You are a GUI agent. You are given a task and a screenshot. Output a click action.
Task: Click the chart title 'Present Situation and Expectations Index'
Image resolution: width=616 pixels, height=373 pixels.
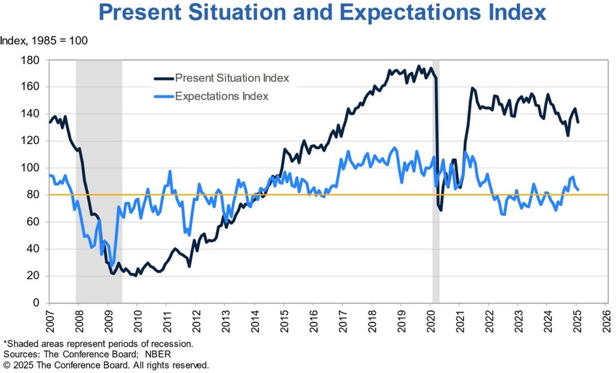tap(322, 13)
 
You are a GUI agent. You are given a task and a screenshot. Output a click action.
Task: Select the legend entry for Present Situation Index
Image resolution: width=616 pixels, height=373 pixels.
tap(231, 78)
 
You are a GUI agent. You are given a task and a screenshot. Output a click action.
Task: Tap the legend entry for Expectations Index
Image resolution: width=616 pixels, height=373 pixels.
tap(221, 97)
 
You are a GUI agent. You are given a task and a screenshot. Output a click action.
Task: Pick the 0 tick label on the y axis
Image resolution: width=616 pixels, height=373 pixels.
tap(36, 303)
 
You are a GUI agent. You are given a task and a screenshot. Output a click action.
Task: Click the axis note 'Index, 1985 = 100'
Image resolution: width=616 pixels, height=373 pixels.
tap(44, 41)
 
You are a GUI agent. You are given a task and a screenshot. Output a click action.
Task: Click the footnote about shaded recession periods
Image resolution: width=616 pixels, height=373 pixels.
tap(99, 343)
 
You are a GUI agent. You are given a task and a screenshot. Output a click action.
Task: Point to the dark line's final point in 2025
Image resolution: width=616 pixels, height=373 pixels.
tap(578, 122)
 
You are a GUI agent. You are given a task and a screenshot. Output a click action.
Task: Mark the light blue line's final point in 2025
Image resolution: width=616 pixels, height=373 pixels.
tap(578, 189)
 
